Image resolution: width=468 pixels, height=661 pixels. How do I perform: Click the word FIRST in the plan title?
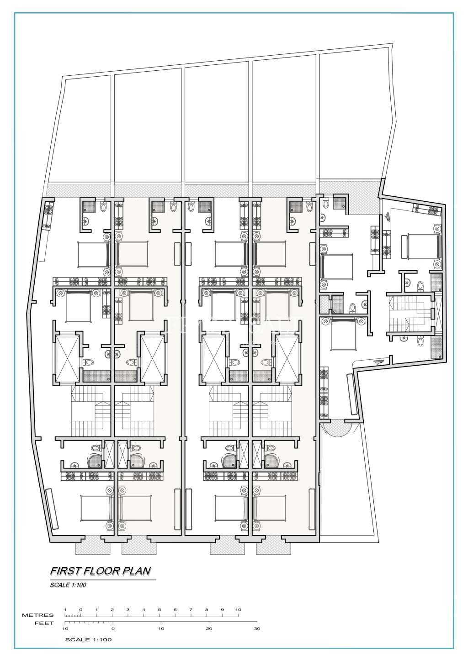point(62,571)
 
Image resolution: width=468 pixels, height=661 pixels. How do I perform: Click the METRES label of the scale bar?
point(38,615)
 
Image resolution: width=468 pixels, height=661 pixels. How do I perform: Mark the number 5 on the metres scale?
point(159,610)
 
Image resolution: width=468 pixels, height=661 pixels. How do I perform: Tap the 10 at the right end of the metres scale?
point(238,610)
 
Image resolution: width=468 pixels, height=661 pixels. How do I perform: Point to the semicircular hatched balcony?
point(336,429)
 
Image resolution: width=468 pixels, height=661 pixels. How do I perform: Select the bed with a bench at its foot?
point(423,247)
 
